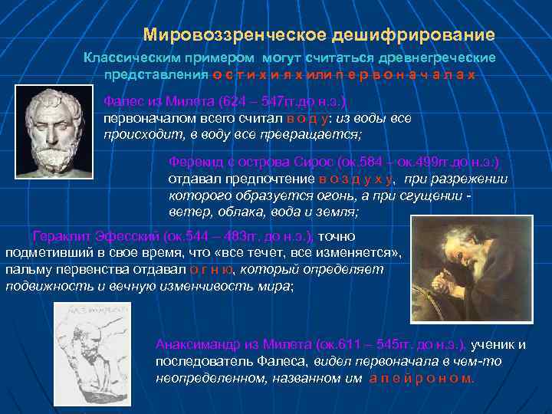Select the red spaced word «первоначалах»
(407, 74)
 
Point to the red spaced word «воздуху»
(357, 179)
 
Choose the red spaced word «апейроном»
(422, 378)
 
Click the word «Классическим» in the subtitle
(132, 58)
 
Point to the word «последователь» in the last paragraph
(195, 361)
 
